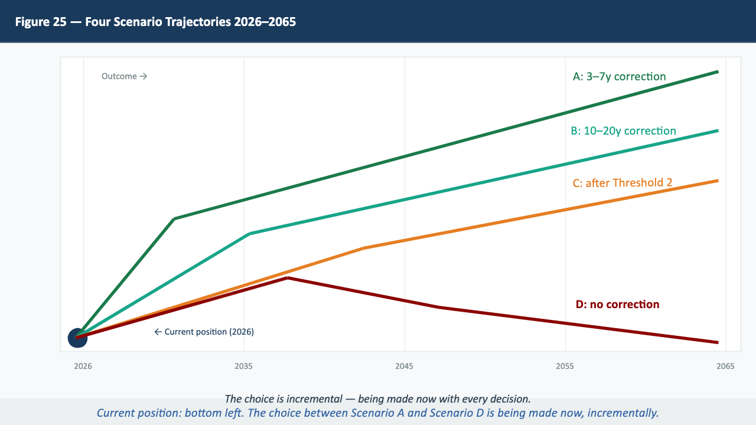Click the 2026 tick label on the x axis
tap(83, 367)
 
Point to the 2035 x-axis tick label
tap(244, 367)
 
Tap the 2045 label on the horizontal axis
tap(405, 367)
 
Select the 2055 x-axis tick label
tap(565, 367)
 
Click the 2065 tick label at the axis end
tap(726, 367)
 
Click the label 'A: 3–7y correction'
tap(619, 77)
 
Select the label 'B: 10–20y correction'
tap(623, 131)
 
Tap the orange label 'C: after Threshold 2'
tap(623, 183)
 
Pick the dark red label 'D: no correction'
tap(617, 305)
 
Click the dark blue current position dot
tap(77, 338)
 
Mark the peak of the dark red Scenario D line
tap(287, 277)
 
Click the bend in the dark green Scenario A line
tap(174, 219)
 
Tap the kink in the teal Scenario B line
tap(250, 234)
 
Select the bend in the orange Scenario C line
tap(364, 248)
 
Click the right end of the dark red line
tap(718, 342)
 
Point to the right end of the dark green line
tap(718, 71)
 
